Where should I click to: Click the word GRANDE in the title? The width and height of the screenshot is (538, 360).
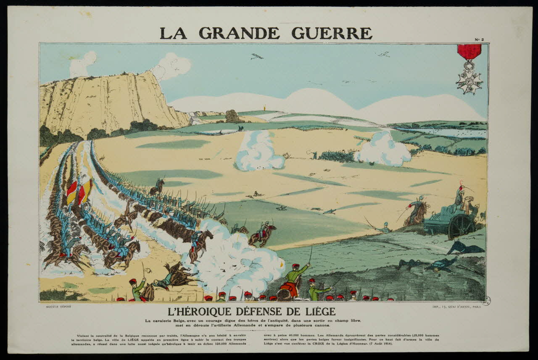click(x=239, y=33)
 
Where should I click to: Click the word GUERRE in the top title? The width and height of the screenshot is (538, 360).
click(x=332, y=33)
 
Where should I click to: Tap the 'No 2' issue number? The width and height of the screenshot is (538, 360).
click(x=479, y=39)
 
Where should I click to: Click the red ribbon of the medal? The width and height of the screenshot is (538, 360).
click(x=469, y=52)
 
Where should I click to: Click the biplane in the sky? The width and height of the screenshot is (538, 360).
click(x=257, y=56)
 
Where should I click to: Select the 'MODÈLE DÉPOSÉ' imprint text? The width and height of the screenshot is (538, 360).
click(x=58, y=307)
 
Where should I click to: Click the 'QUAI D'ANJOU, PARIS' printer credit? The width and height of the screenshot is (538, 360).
click(x=462, y=307)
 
